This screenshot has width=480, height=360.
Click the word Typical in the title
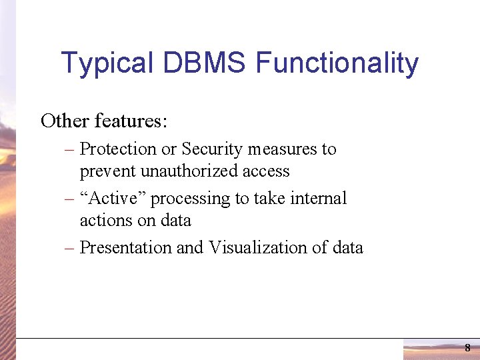coord(106,64)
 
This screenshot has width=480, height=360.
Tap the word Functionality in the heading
coord(337,64)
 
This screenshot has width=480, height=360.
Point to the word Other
coord(65,121)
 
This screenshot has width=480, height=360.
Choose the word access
coord(266,171)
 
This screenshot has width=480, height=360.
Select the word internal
coord(319,199)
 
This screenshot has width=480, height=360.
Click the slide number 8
coord(467,348)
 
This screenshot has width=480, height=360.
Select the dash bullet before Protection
coord(69,150)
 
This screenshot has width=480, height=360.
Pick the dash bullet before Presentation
coord(69,249)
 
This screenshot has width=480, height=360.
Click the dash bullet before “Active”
coord(69,199)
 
